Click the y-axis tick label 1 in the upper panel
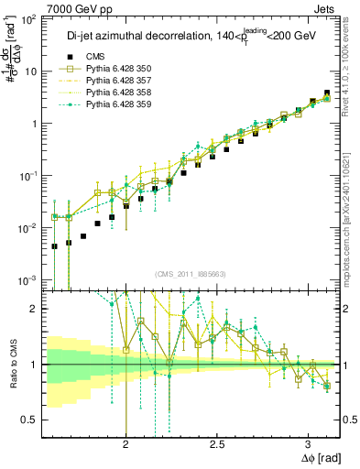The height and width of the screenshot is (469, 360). click(x=37, y=123)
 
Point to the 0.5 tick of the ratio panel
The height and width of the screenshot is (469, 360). click(x=31, y=420)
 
